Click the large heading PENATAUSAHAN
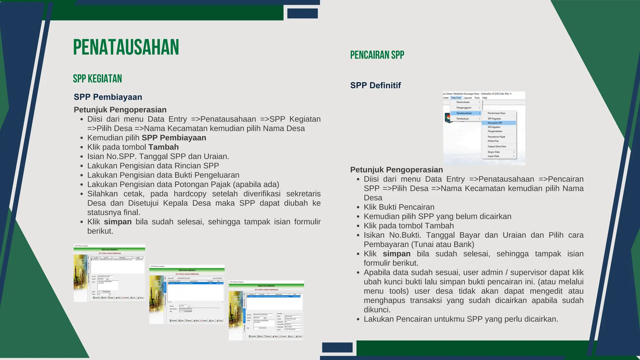click(x=126, y=47)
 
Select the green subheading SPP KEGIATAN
click(x=97, y=79)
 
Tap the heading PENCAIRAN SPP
click(x=377, y=55)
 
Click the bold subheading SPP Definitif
click(x=375, y=85)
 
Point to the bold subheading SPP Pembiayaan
click(x=108, y=97)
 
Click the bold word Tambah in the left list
click(x=163, y=147)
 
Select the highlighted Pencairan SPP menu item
click(x=495, y=123)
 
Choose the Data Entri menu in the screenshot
click(x=456, y=98)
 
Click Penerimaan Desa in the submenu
click(x=496, y=113)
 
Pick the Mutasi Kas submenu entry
click(x=493, y=141)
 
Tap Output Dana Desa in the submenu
click(x=497, y=146)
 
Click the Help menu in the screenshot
click(x=484, y=98)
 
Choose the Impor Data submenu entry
click(x=493, y=156)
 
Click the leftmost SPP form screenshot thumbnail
click(x=109, y=273)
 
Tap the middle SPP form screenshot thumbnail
click(x=187, y=294)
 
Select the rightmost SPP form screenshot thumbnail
click(x=266, y=310)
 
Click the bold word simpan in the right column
click(x=397, y=254)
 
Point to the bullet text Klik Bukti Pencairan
click(x=399, y=207)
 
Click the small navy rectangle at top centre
click(x=302, y=13)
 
